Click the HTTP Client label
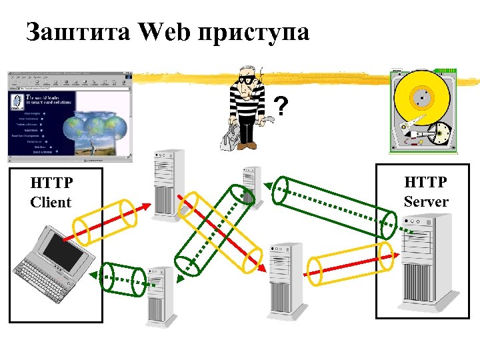tap(51, 192)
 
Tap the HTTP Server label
tap(425, 191)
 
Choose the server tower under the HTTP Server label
tap(427, 263)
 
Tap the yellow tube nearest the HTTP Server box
tap(349, 261)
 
